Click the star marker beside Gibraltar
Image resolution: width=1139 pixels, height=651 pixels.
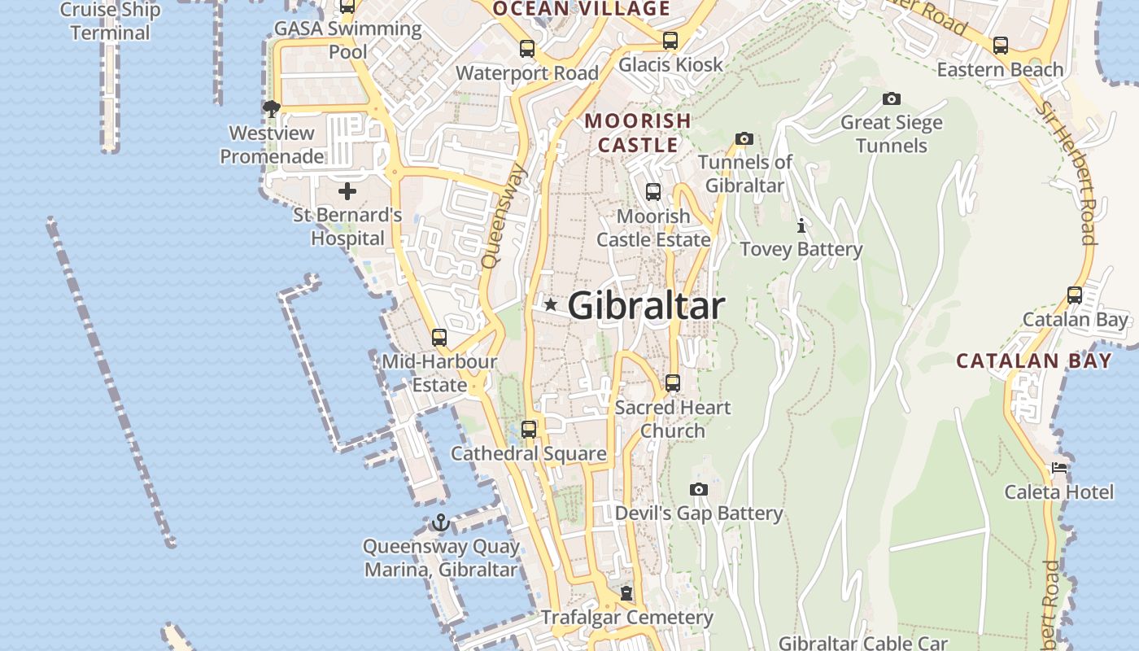[551, 305]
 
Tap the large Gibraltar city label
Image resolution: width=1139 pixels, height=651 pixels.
[646, 306]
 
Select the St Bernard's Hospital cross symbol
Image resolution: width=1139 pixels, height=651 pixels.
[347, 192]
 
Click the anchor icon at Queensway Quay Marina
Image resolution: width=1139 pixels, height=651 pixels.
[440, 522]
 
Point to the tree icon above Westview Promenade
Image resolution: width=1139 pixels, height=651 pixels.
[272, 108]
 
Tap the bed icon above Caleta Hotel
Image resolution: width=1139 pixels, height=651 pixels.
[1058, 468]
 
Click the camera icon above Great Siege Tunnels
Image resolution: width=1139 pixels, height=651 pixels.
[892, 99]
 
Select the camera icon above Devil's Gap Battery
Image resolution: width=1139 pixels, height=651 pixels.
[698, 489]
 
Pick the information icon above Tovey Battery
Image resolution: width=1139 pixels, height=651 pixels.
[801, 225]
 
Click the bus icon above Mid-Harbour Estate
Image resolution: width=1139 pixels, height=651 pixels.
[439, 337]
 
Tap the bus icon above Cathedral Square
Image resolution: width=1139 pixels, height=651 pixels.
[529, 430]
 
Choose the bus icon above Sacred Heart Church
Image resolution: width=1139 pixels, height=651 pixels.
[672, 383]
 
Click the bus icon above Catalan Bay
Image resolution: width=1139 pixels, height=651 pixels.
[1075, 295]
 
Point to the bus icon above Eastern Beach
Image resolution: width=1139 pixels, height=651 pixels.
[1001, 46]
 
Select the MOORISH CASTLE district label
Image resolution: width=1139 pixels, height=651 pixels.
[638, 133]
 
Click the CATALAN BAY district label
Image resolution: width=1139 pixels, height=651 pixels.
[1033, 360]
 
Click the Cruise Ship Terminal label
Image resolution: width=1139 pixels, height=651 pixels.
[110, 22]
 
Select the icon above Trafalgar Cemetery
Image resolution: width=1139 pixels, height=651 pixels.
[626, 594]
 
